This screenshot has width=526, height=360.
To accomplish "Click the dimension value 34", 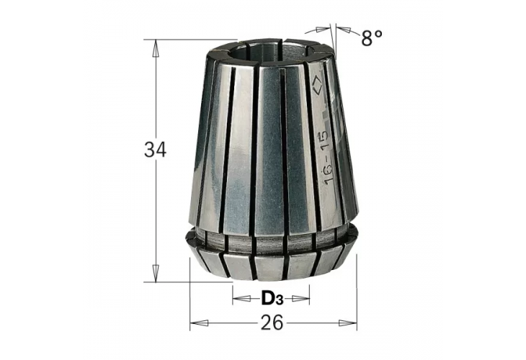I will click(x=155, y=150).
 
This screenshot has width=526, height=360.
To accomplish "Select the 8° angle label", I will click(x=372, y=37).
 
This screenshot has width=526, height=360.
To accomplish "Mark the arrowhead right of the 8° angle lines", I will click(x=340, y=30).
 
